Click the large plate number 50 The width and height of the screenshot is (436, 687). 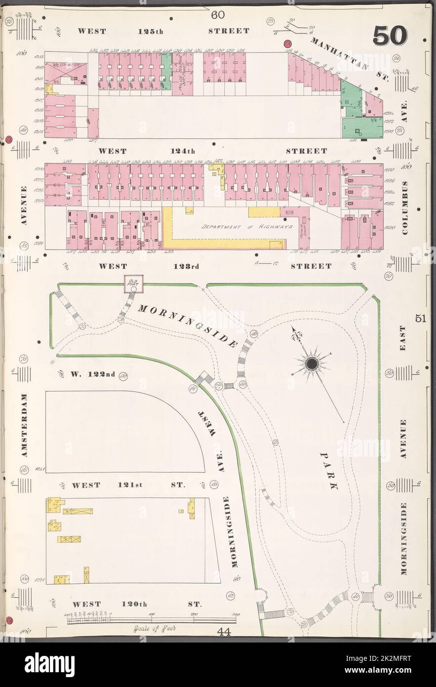coord(390,35)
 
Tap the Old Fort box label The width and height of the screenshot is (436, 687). coord(133,282)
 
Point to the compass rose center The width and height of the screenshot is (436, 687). coord(312,365)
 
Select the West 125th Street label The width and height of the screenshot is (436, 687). coord(163,31)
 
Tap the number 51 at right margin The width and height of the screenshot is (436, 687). coord(420,319)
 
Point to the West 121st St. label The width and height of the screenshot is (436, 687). coord(128,485)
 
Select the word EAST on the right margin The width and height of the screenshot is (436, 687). coord(402,338)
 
